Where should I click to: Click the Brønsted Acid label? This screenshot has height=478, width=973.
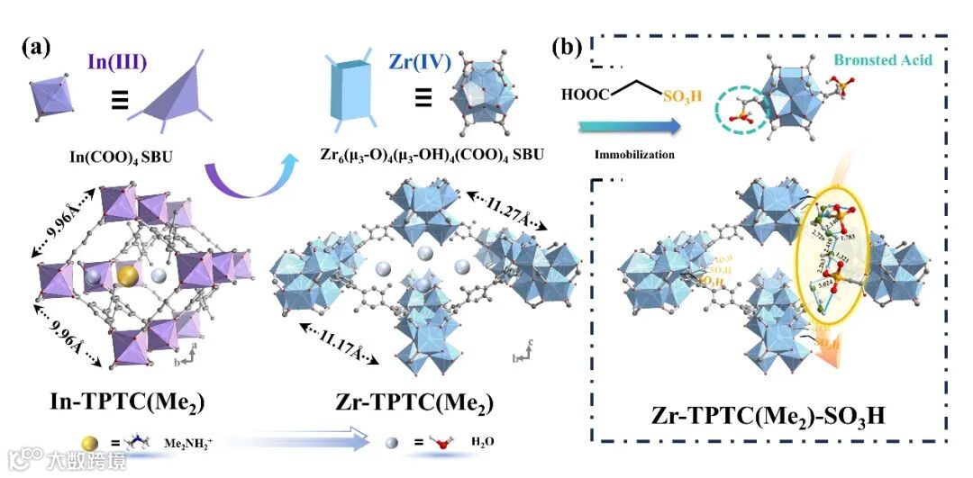(882, 60)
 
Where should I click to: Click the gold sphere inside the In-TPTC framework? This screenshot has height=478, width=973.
(130, 274)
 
